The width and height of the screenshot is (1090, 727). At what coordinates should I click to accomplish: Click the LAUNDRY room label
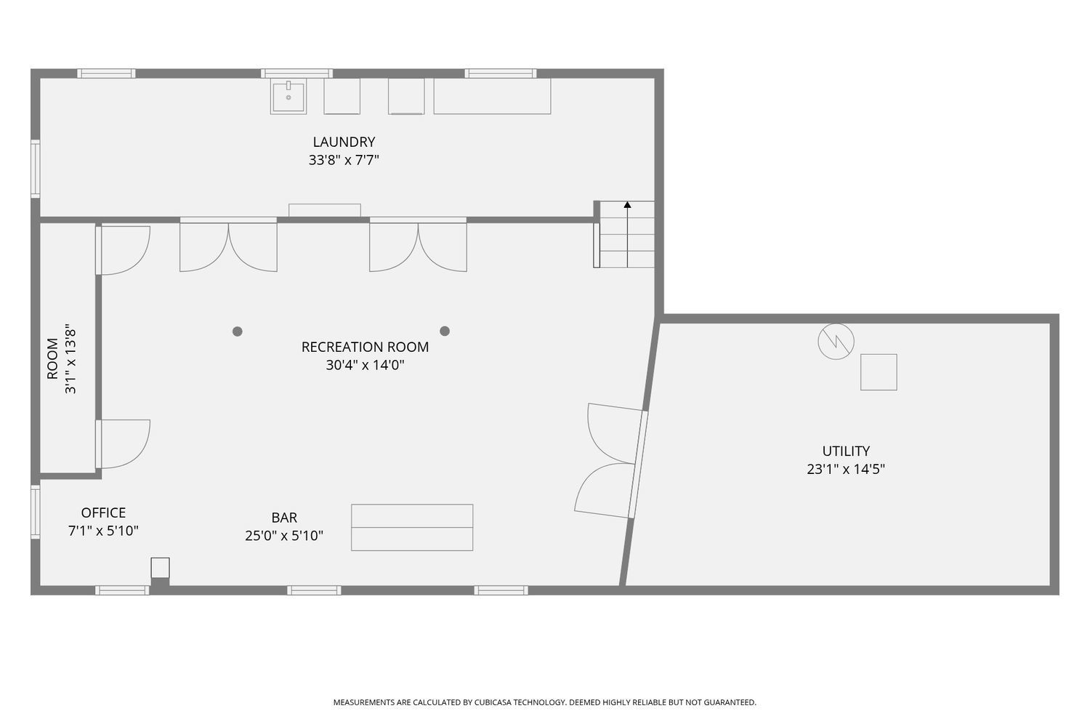[x=344, y=142]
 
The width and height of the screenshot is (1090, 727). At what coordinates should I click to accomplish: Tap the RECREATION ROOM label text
[x=365, y=348]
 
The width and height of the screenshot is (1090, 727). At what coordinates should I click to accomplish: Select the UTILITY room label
[x=846, y=451]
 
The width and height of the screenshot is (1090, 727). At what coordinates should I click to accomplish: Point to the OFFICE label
[x=103, y=513]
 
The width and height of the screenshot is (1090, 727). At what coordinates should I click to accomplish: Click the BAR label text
[x=284, y=518]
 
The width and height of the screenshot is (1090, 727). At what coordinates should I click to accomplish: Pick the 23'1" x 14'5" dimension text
[x=846, y=470]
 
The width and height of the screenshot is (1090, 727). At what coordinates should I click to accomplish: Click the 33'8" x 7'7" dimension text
[x=344, y=161]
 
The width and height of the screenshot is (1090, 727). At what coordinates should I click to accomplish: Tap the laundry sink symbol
[x=288, y=97]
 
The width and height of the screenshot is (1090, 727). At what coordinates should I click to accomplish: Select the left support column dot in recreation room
[x=237, y=332]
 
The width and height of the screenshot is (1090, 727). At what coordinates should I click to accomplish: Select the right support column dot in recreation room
[x=445, y=331]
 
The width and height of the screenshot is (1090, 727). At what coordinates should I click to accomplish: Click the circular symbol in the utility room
[x=836, y=342]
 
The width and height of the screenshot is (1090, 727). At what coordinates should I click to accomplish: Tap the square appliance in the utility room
[x=879, y=372]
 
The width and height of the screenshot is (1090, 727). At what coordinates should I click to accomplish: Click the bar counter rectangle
[x=412, y=527]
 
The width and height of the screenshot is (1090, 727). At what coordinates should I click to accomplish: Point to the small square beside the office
[x=160, y=567]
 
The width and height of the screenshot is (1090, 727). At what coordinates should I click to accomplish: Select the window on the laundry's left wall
[x=35, y=169]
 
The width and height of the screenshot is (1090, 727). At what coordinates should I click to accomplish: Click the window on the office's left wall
[x=35, y=512]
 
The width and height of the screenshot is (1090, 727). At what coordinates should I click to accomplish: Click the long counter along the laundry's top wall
[x=492, y=97]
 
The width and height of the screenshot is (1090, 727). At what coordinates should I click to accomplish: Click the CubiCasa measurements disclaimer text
[x=544, y=702]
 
